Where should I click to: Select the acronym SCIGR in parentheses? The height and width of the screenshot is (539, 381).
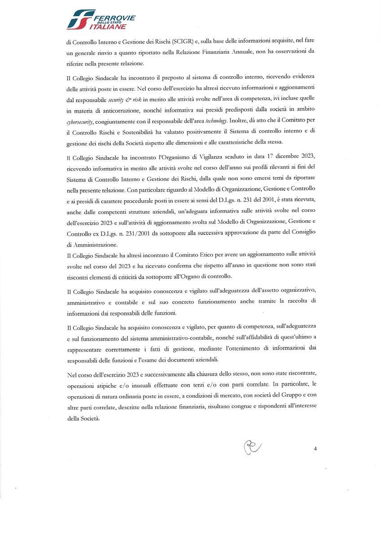(182, 43)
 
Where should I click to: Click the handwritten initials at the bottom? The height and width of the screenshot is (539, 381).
(252, 447)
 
